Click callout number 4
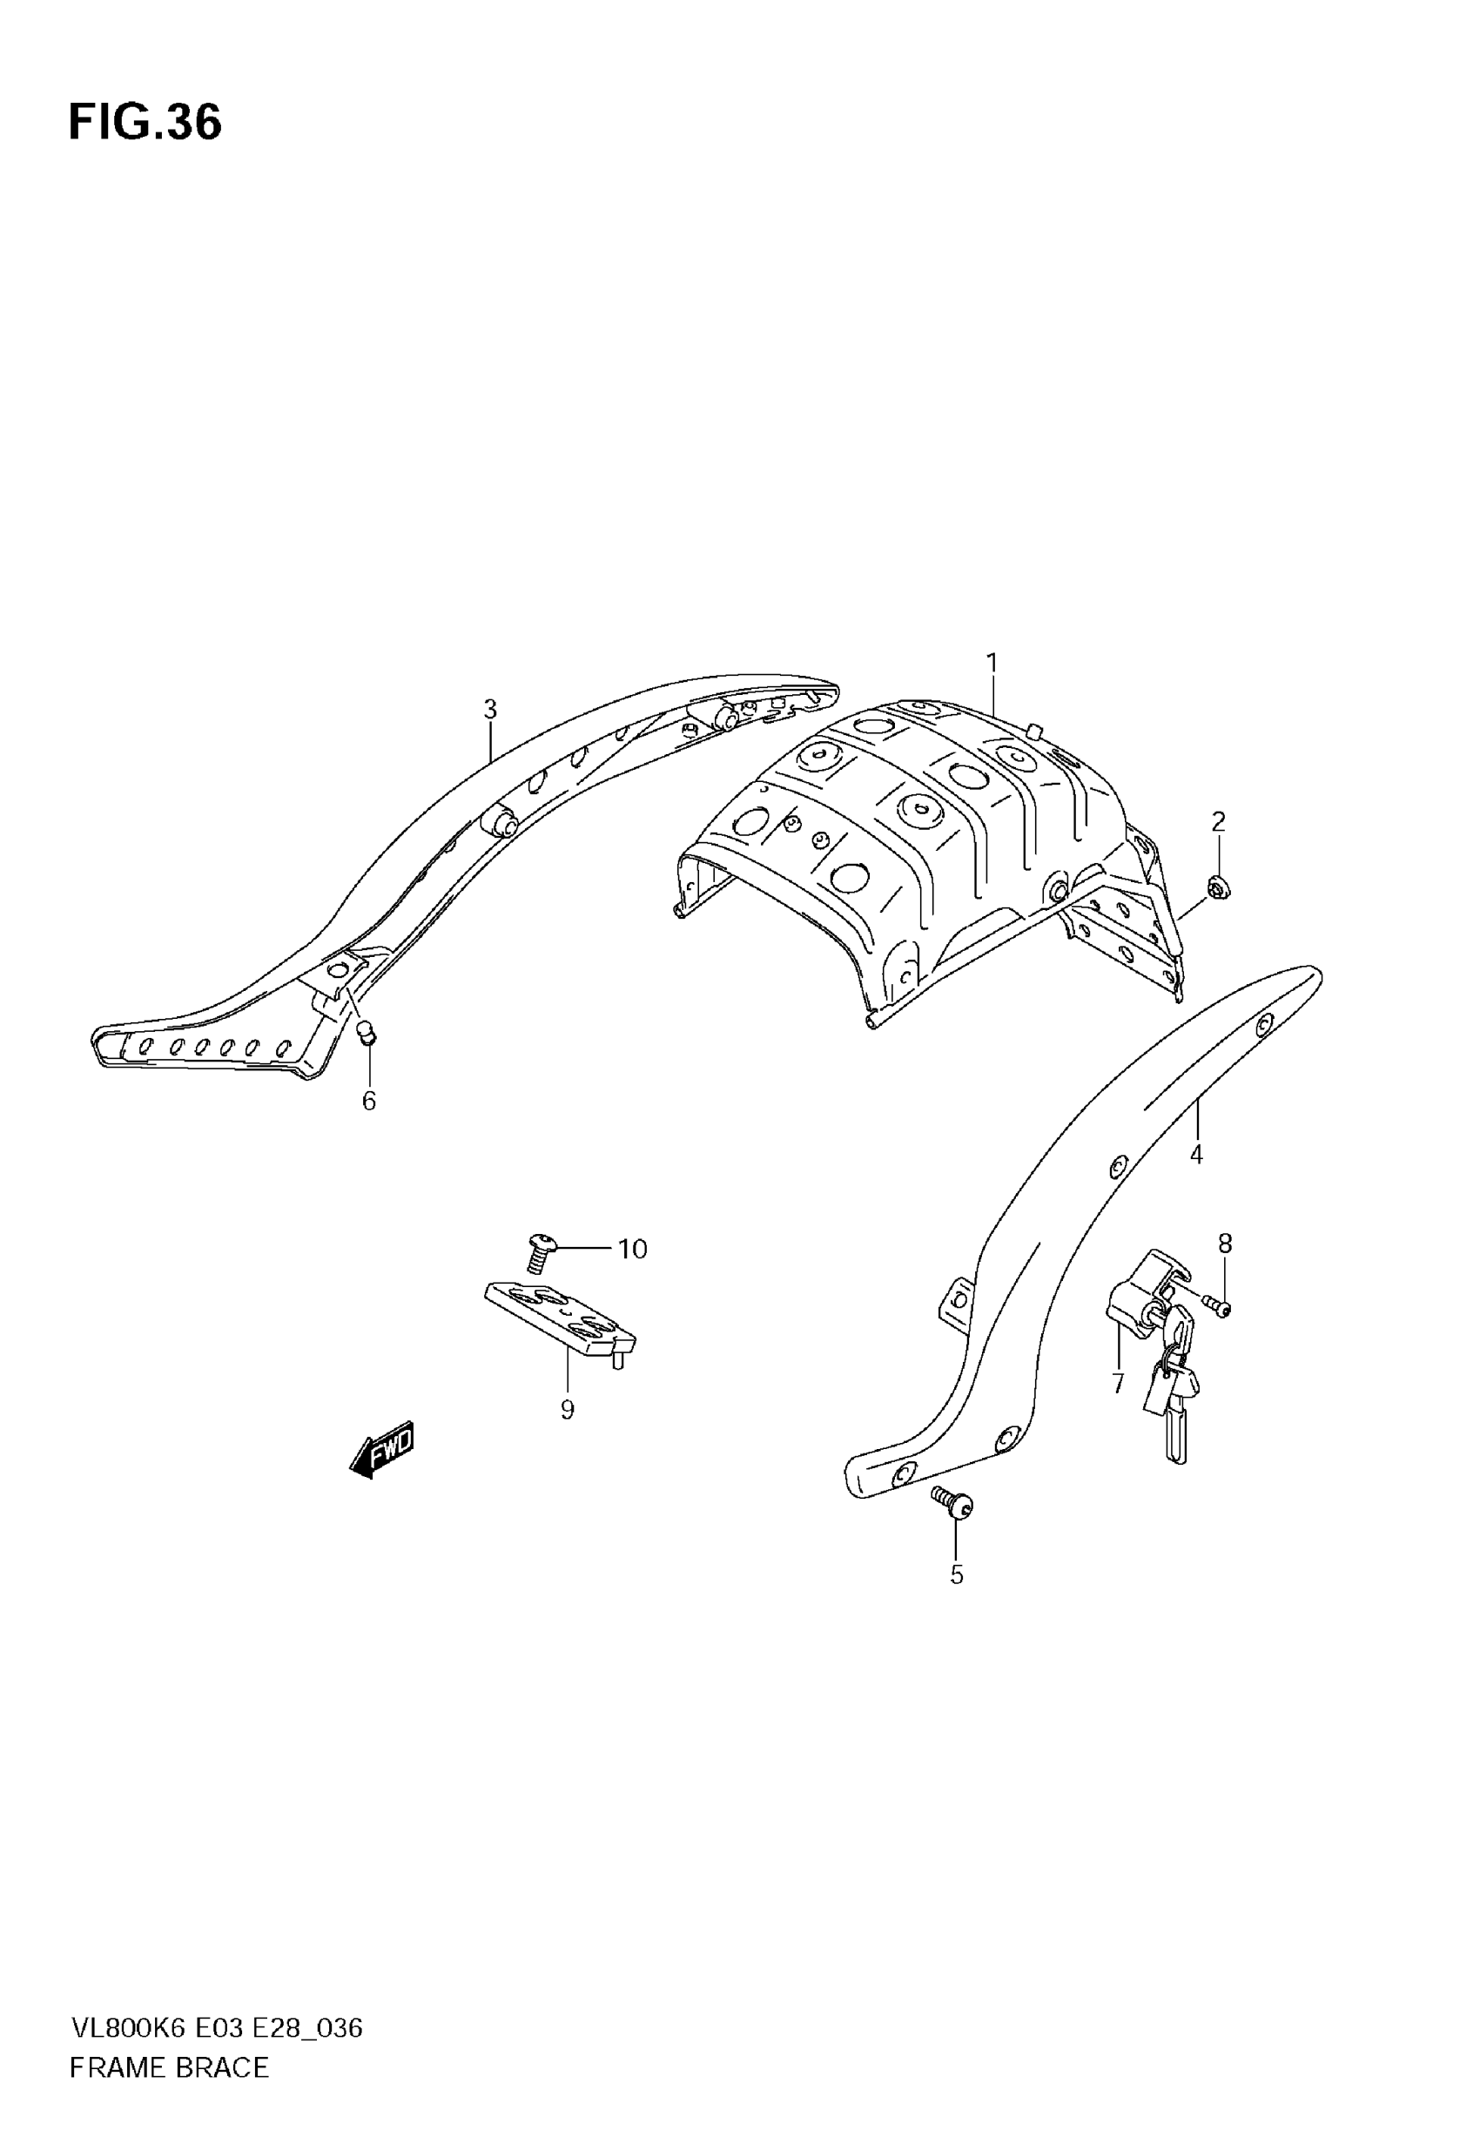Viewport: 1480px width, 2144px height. [1196, 1155]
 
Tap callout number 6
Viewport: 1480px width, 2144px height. [369, 1101]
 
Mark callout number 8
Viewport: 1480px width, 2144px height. [1225, 1244]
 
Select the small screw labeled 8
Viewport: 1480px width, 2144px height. [1219, 1307]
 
